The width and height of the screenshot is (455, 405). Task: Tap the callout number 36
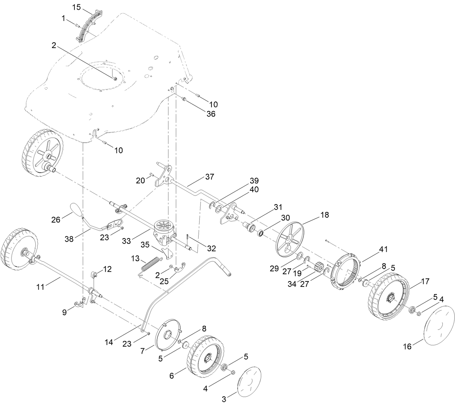click(211, 114)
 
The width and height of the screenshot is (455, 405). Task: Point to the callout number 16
click(407, 346)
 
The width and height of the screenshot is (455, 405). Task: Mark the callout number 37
click(209, 177)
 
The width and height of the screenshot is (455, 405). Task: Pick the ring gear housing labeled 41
click(345, 269)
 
